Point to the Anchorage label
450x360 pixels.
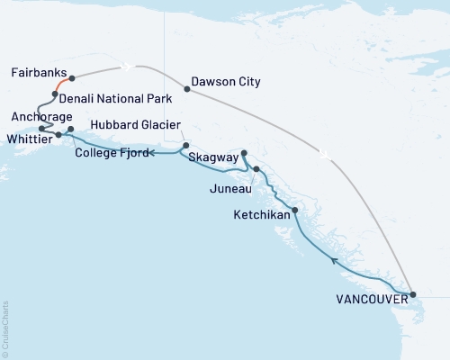point(40,116)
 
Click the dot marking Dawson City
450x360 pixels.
point(186,88)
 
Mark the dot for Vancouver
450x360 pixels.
point(412,294)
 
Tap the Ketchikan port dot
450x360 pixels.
point(295,210)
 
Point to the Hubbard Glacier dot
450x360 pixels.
point(185,145)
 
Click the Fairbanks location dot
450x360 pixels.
point(72,78)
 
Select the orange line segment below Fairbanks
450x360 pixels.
point(62,85)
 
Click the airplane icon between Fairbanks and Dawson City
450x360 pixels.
point(127,66)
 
